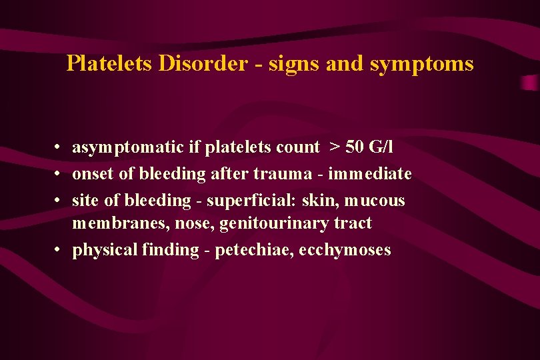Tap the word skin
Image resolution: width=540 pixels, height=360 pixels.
click(321, 200)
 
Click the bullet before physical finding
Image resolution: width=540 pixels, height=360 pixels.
click(59, 251)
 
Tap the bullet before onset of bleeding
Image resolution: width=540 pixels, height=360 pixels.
click(59, 175)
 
